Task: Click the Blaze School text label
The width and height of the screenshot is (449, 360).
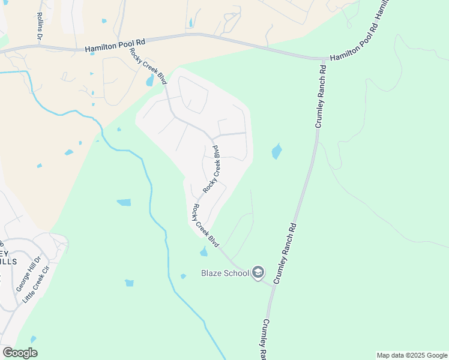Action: (x=224, y=274)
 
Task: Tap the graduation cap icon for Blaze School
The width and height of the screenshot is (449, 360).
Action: (x=258, y=273)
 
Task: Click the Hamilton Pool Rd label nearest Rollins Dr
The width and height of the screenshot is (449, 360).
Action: (x=115, y=43)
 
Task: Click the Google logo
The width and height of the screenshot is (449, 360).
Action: (x=20, y=353)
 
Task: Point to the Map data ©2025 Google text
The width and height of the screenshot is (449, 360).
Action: (x=412, y=355)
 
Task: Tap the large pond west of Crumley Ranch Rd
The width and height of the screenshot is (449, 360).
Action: (x=276, y=151)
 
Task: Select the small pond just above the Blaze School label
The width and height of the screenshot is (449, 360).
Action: (x=203, y=251)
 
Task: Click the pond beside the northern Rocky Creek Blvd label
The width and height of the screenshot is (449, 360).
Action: (x=149, y=81)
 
